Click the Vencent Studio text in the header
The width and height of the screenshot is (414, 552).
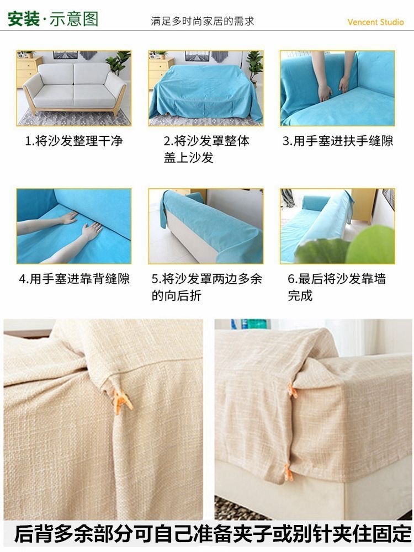tap(375, 22)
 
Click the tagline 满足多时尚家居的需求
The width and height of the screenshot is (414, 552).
tap(203, 22)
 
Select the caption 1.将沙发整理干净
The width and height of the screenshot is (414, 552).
tap(74, 141)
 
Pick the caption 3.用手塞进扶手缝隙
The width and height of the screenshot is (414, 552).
tap(338, 141)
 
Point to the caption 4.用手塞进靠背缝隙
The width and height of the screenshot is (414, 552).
tap(74, 279)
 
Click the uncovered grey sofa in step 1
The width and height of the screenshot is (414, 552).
tap(75, 86)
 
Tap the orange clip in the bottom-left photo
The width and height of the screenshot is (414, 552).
tap(122, 400)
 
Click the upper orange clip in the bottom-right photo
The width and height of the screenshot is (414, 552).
tap(292, 392)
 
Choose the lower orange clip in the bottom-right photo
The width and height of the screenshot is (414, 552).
tap(288, 472)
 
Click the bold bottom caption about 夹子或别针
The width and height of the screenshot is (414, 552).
tap(213, 534)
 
